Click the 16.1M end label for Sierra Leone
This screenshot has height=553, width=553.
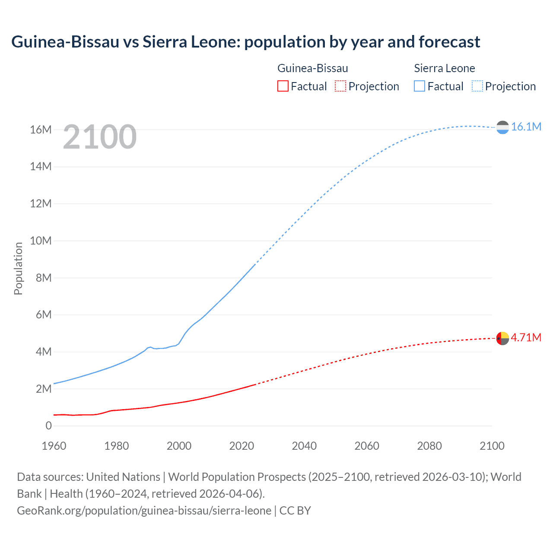526,127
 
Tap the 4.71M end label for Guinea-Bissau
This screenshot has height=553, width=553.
526,337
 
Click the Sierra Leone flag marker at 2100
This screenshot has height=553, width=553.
502,127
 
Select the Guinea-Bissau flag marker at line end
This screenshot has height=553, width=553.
502,338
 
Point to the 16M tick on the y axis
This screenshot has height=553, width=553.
41,130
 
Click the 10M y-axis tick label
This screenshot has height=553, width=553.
41,241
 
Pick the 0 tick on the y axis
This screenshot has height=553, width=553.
48,426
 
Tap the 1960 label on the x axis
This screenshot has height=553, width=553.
54,446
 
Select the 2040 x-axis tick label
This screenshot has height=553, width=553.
304,446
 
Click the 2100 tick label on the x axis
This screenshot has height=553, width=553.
492,446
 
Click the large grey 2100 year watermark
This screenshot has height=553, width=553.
99,137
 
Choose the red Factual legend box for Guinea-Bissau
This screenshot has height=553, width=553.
283,86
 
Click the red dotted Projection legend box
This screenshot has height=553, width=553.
340,86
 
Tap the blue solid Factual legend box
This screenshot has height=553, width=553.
419,86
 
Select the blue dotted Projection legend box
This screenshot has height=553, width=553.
477,86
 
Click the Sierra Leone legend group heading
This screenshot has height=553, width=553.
444,68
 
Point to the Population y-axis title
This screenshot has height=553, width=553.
18,268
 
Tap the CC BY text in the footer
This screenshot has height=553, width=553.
295,510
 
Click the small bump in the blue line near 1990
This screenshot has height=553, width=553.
150,347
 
